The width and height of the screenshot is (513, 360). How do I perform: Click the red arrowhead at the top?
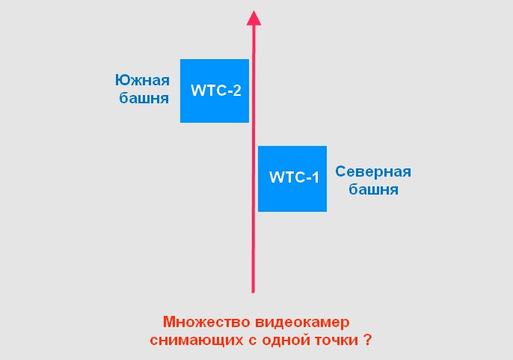(x=254, y=18)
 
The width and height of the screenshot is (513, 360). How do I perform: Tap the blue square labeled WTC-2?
(x=215, y=91)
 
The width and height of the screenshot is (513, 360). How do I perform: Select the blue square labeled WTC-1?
(x=292, y=179)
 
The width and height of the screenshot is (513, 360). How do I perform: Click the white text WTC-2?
(x=216, y=91)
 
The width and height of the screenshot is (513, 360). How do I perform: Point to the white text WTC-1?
(x=294, y=177)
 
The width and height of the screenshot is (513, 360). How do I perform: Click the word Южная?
(x=142, y=80)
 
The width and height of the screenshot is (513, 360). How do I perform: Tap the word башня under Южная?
(x=144, y=97)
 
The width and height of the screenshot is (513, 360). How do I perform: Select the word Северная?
(x=373, y=171)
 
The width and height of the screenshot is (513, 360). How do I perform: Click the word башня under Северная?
(x=374, y=189)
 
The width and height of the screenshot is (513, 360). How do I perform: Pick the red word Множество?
(x=206, y=323)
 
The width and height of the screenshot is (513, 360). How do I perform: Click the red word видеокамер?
(x=303, y=323)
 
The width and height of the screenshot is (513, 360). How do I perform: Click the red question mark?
(x=368, y=340)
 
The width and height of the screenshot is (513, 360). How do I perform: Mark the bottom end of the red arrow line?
(x=253, y=293)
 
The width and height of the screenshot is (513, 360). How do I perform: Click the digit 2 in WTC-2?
(x=237, y=91)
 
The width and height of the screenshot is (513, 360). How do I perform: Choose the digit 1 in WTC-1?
(x=315, y=177)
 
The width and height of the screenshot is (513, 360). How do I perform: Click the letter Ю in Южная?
(x=121, y=80)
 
